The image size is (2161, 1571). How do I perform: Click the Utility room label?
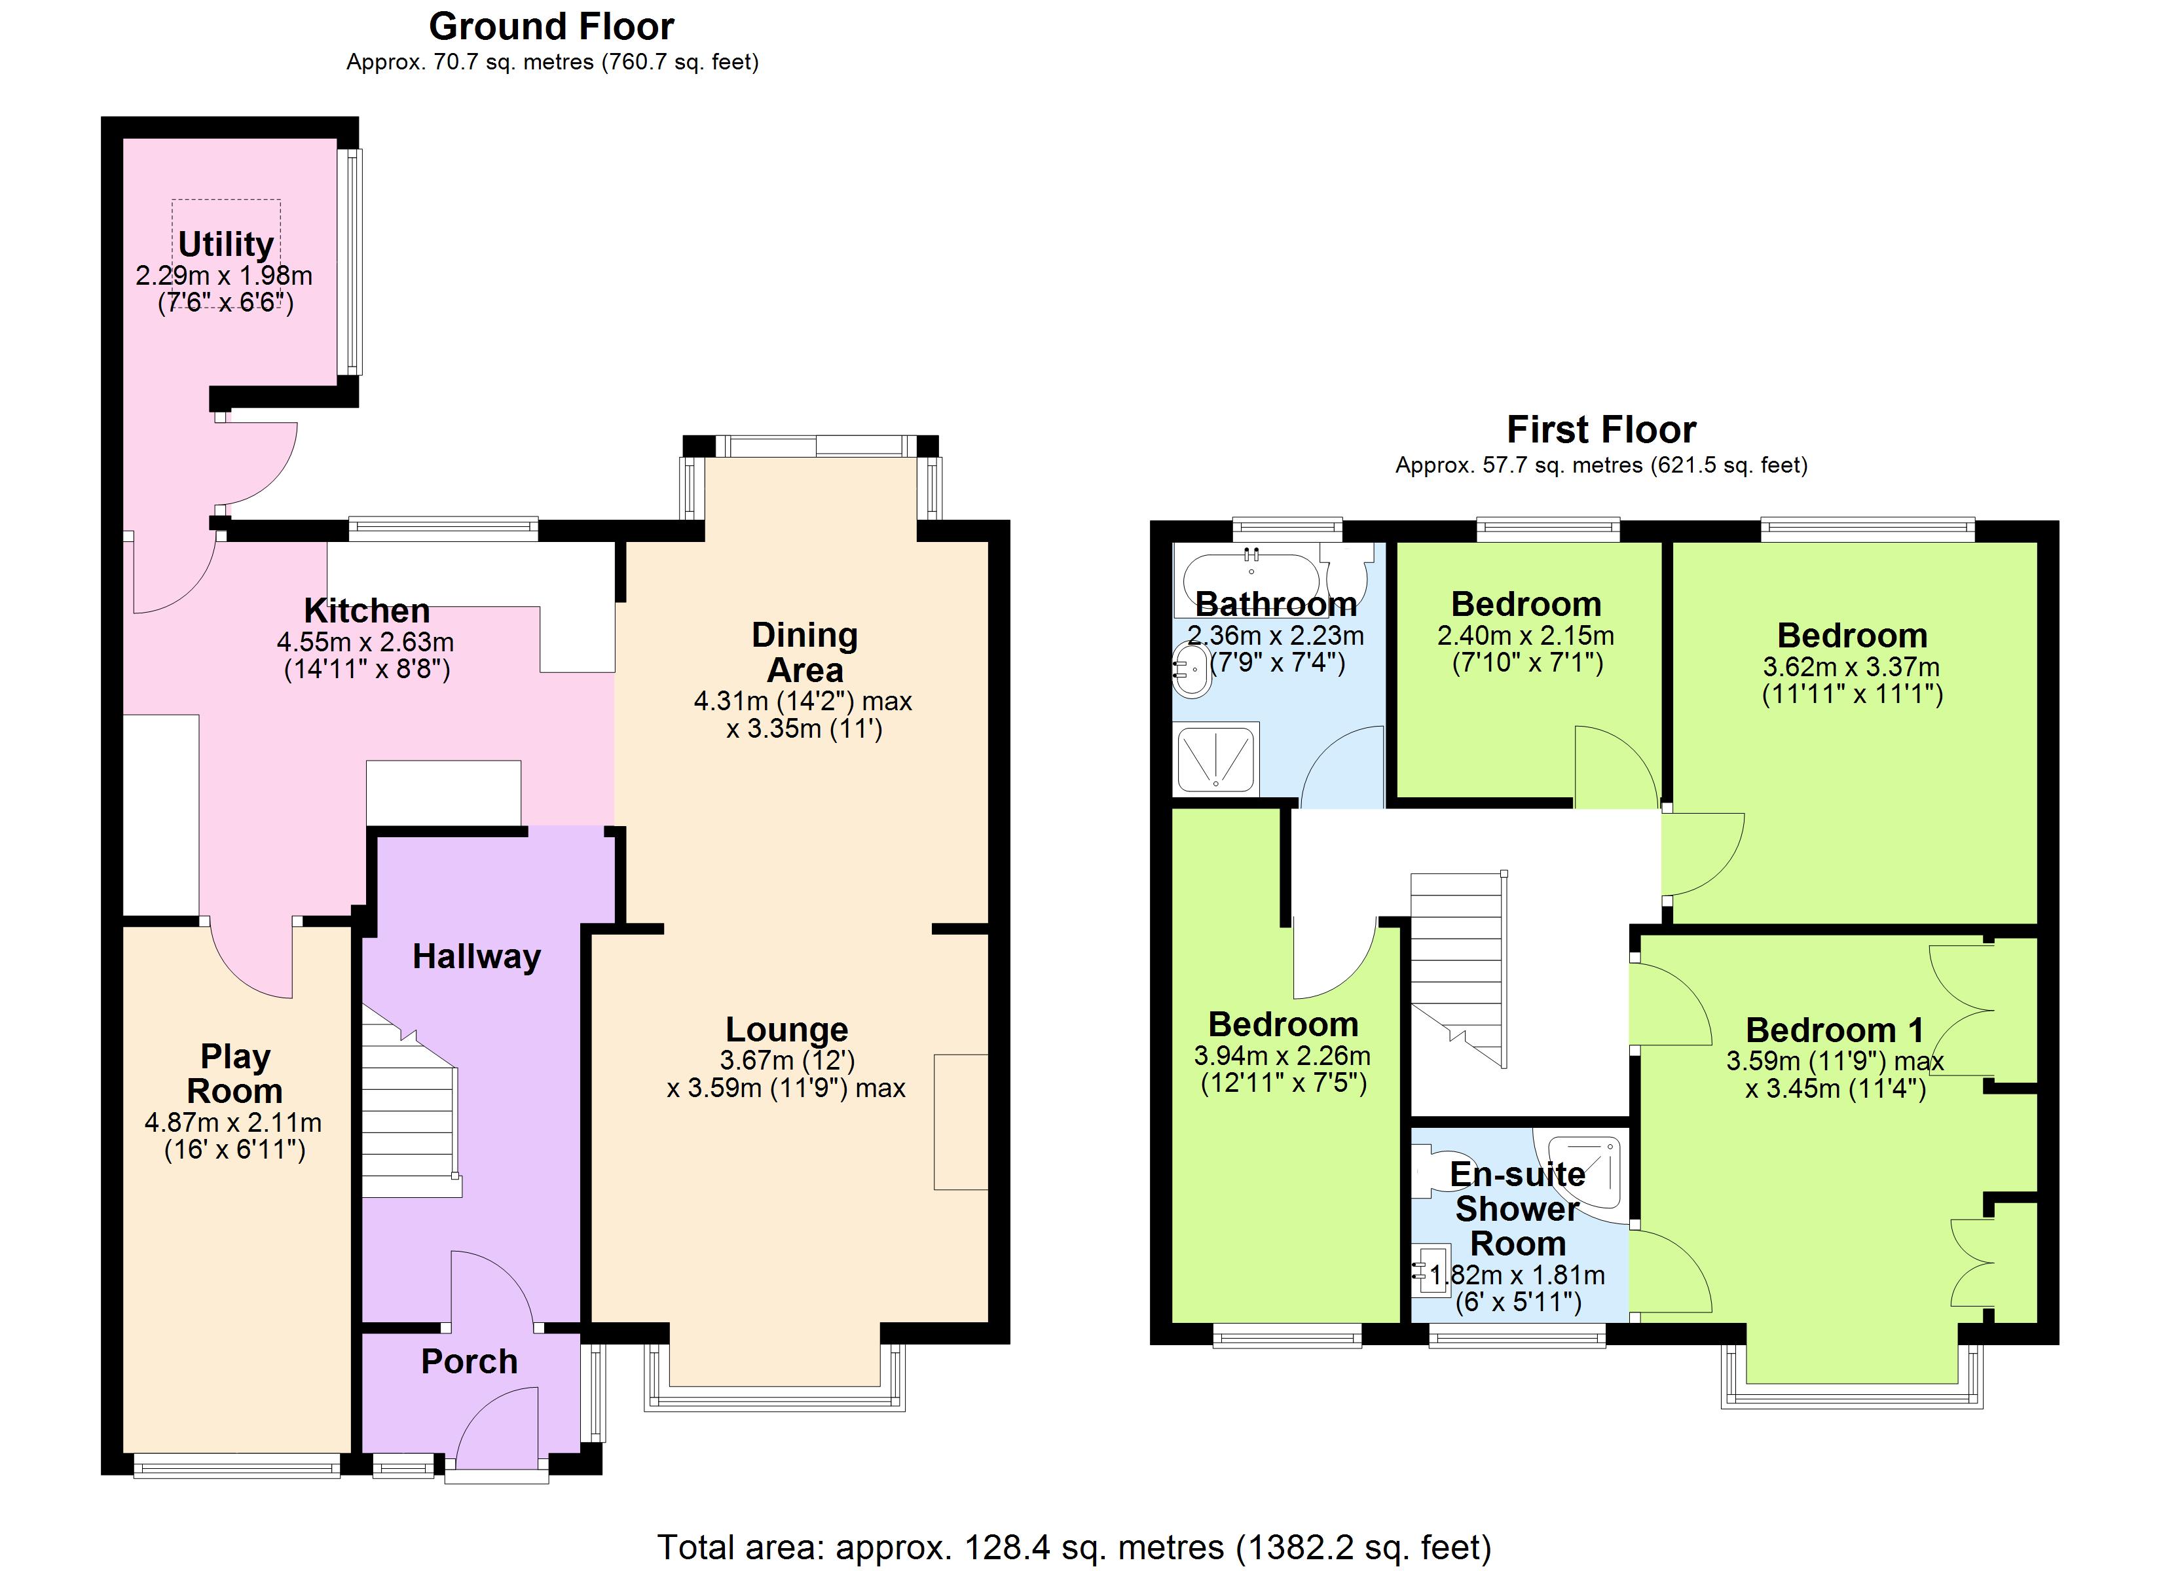click(x=226, y=245)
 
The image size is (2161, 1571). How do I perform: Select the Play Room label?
click(x=234, y=1074)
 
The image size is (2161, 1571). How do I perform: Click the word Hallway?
click(x=477, y=956)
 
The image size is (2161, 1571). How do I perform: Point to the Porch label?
click(x=469, y=1362)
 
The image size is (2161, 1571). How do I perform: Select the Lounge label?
click(x=787, y=1029)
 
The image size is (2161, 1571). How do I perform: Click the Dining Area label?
click(x=805, y=652)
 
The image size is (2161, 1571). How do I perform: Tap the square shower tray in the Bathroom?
click(x=1217, y=760)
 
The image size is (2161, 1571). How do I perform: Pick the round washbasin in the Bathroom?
click(x=1191, y=670)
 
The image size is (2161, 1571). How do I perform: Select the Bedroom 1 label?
click(x=1834, y=1030)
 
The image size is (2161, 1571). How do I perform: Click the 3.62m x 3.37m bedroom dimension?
click(x=1851, y=667)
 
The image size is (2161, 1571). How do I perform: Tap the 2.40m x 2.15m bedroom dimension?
click(x=1525, y=636)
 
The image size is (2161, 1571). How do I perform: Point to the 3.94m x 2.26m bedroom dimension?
click(x=1282, y=1056)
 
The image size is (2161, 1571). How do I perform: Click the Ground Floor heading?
click(x=551, y=27)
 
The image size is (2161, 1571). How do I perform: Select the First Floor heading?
click(x=1600, y=429)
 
